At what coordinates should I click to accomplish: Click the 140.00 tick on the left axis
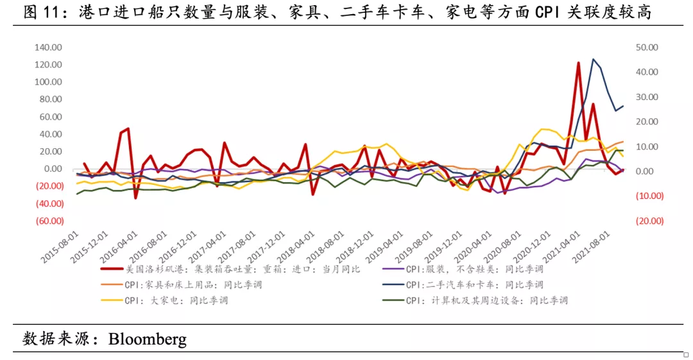tap(48, 47)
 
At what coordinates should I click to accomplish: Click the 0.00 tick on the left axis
tap(52, 169)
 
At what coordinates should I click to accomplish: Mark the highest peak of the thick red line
tap(578, 63)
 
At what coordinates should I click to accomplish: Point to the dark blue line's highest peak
tap(594, 59)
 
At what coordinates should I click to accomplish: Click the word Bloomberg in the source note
tap(147, 338)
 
